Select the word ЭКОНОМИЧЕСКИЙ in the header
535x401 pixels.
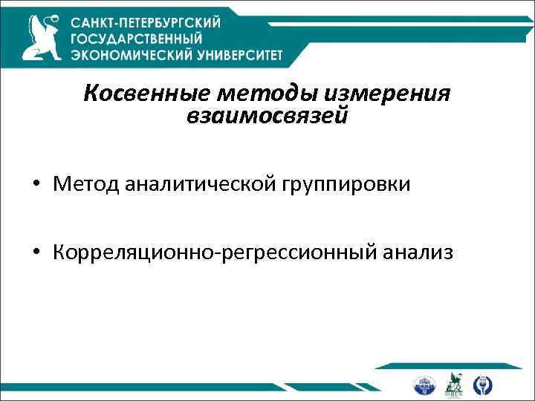128,55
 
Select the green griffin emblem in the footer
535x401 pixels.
454,383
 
